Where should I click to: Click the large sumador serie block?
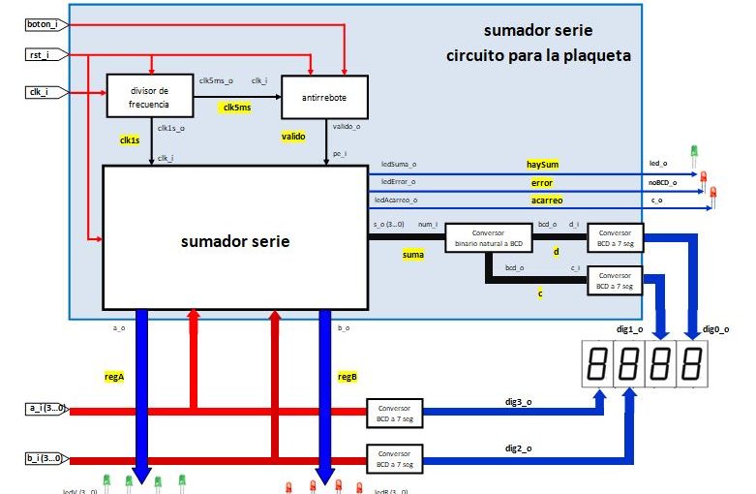pos(234,240)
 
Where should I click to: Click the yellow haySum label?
pos(542,165)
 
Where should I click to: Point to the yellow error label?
pos(542,182)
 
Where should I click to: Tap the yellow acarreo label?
pos(545,200)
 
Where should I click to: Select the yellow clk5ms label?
pos(236,108)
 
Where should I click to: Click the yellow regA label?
pos(114,376)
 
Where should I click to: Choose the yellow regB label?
pos(347,376)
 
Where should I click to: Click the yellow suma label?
pos(413,254)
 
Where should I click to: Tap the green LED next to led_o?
pos(694,153)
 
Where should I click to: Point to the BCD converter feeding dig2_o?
pos(395,458)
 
